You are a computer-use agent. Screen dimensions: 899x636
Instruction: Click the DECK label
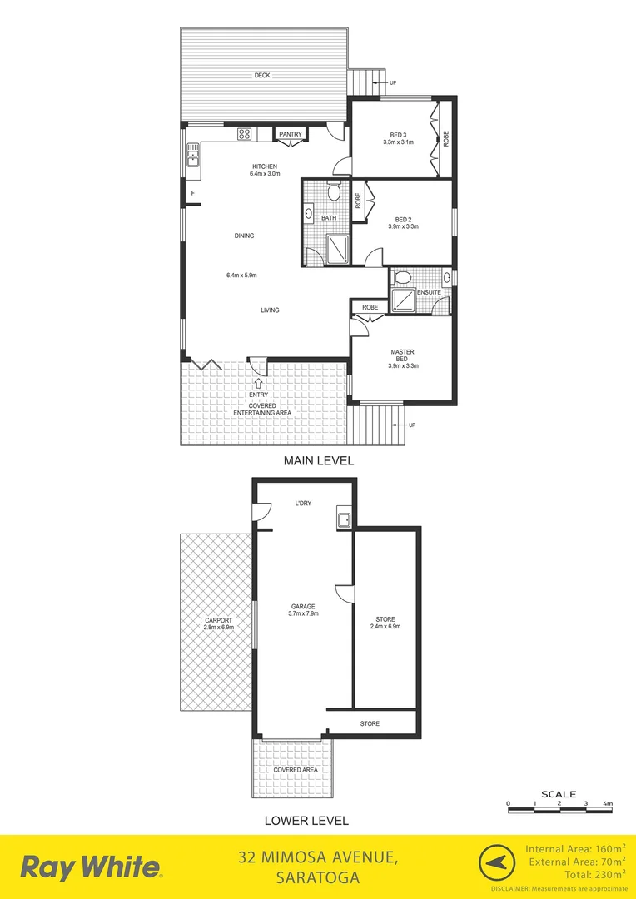[x=263, y=77]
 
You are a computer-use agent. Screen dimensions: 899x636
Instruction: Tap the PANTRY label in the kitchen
[x=290, y=134]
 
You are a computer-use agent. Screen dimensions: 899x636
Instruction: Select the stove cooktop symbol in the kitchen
[x=245, y=133]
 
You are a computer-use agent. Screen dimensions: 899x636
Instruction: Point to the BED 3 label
[x=399, y=135]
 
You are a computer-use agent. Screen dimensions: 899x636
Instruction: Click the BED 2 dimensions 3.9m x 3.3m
[x=403, y=226]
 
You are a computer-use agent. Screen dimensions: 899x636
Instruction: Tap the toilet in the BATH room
[x=333, y=192]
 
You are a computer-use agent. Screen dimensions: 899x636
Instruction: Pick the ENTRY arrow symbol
[x=258, y=383]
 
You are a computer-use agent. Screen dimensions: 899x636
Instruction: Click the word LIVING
[x=270, y=310]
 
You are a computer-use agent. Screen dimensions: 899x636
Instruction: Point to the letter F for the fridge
[x=192, y=194]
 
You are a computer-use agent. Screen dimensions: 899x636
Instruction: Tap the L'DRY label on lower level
[x=303, y=504]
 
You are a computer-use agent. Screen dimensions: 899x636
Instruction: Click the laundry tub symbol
[x=344, y=519]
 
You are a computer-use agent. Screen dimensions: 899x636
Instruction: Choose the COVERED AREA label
[x=296, y=770]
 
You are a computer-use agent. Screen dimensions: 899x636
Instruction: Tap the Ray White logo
[x=91, y=867]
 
